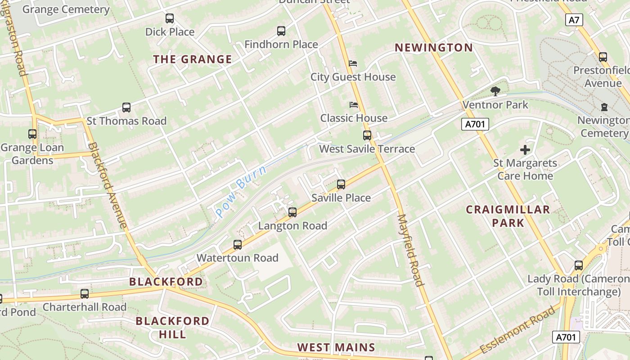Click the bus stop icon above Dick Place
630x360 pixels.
pos(170,18)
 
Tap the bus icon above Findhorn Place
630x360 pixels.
pos(281,31)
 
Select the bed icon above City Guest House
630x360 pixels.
pos(353,63)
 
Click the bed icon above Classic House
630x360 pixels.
pos(354,105)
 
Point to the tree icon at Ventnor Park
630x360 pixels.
pos(495,91)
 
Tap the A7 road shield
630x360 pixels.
pos(574,20)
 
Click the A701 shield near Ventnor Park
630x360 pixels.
pos(475,124)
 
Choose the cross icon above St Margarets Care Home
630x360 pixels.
pos(525,150)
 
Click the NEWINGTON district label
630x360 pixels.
pos(434,48)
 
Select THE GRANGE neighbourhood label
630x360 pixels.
pos(193,59)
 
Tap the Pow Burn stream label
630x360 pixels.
pos(241,191)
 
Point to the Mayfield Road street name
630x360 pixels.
pos(410,250)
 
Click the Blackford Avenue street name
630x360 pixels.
pos(108,184)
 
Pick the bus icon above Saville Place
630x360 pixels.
pos(341,184)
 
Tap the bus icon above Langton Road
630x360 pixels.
pos(292,212)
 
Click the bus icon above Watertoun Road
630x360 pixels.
pos(238,245)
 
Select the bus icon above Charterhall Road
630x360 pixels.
pos(85,294)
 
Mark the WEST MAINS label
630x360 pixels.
pos(336,347)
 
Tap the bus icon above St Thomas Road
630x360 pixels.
pos(126,108)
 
